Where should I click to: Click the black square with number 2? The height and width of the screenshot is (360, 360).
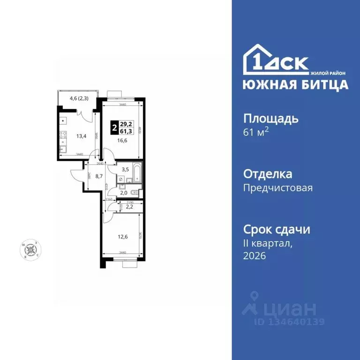point(114,128)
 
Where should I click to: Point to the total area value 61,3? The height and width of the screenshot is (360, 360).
point(125,131)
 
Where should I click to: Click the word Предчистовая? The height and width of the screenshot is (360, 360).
point(277,188)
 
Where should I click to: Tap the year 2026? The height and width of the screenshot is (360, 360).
point(254,255)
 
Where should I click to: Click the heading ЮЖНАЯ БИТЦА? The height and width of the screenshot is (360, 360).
point(295,84)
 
